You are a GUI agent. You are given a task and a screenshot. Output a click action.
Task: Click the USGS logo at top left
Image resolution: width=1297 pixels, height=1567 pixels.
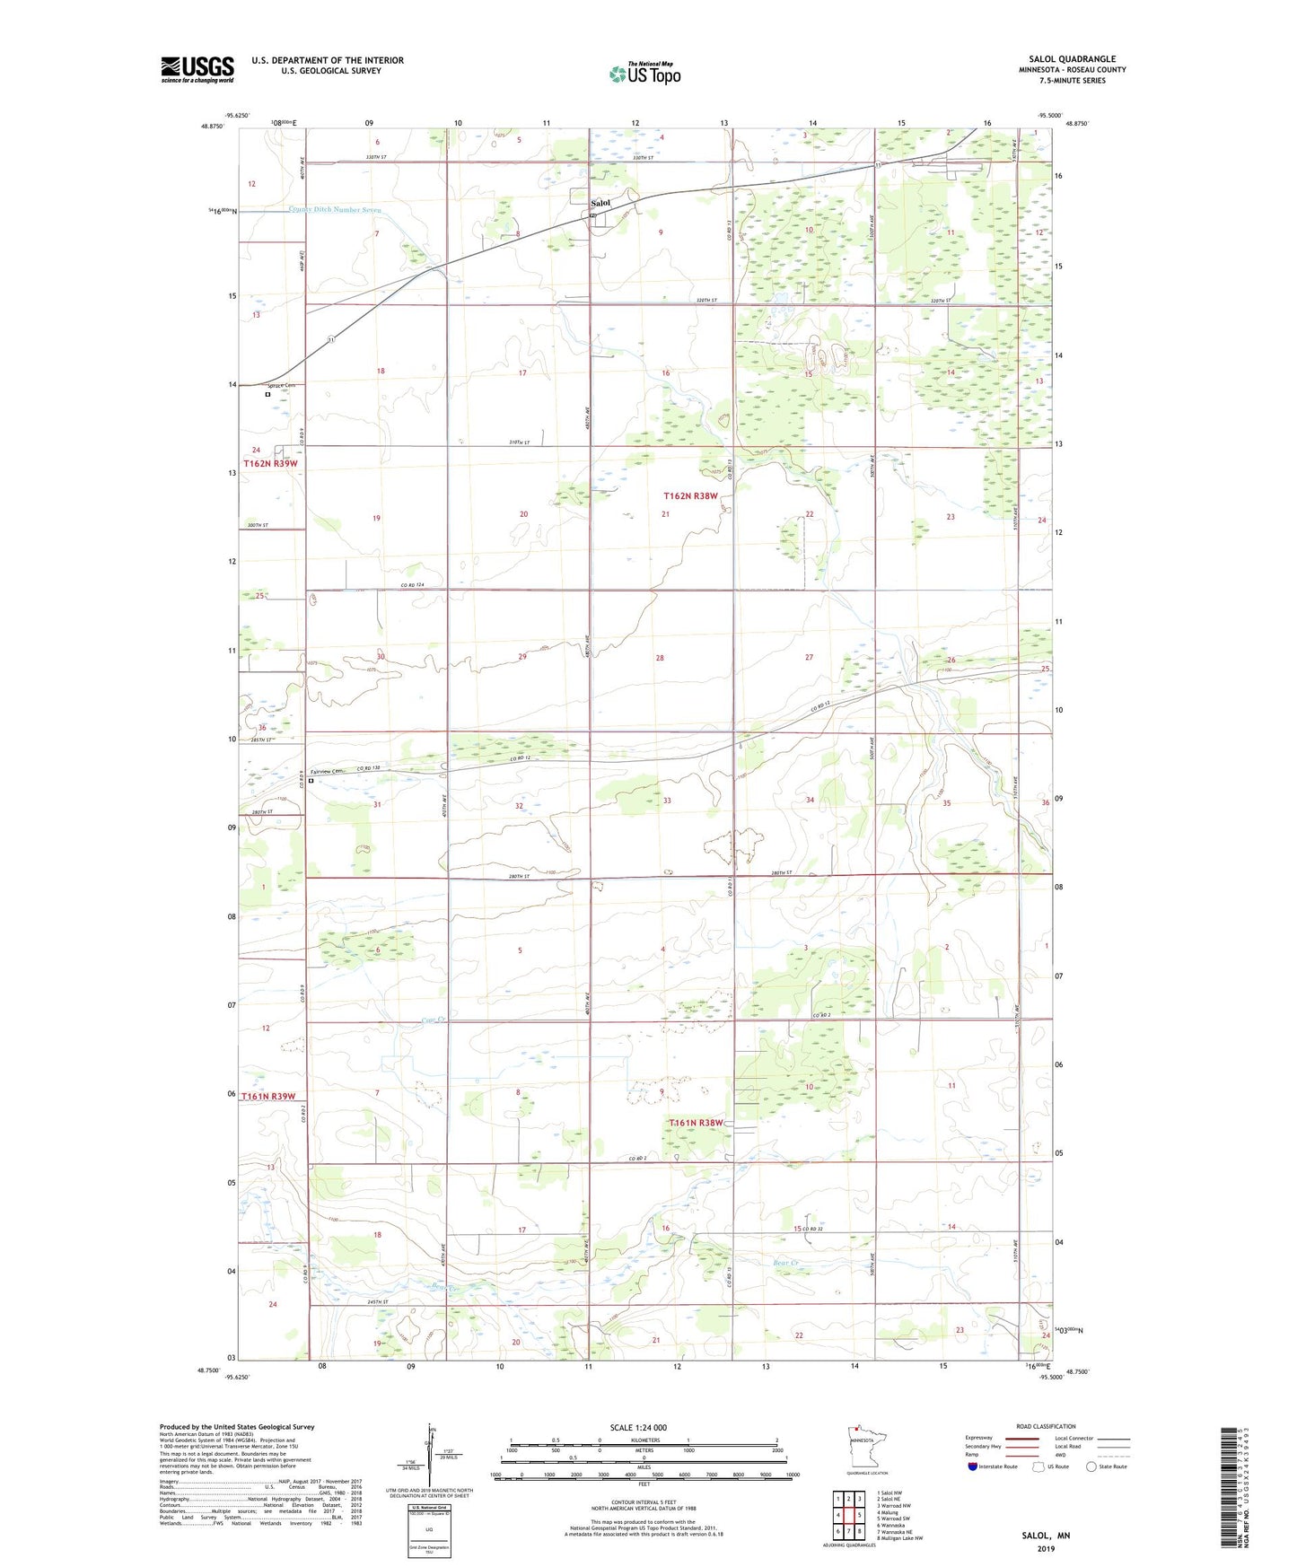(x=197, y=69)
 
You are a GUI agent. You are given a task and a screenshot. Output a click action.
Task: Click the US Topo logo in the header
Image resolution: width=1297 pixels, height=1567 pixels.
(x=644, y=74)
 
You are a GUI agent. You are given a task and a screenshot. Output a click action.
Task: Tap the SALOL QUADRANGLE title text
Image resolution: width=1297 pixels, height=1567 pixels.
(x=1072, y=59)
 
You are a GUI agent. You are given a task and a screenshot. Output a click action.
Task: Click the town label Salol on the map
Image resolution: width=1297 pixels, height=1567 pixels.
(x=600, y=203)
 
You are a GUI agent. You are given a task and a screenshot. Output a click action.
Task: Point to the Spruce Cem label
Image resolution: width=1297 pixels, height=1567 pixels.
(x=282, y=385)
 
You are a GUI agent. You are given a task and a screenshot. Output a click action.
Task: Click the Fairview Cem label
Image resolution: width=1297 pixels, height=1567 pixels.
(x=329, y=771)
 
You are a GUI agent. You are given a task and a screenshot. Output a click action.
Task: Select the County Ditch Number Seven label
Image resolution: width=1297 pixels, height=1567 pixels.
(x=335, y=210)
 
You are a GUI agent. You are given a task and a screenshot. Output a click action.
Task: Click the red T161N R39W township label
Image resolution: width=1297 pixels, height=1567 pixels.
(x=268, y=1097)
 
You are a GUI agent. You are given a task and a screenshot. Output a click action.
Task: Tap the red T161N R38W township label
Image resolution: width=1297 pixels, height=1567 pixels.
(x=696, y=1123)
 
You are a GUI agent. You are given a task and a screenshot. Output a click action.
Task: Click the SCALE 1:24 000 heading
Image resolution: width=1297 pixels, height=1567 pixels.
(x=638, y=1427)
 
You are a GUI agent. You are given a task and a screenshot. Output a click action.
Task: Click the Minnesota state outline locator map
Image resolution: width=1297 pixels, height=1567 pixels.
(x=866, y=1447)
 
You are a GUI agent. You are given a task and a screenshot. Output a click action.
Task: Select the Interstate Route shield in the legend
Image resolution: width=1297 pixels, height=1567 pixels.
(x=973, y=1467)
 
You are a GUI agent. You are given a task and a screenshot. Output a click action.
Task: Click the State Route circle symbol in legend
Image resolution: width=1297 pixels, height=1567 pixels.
(x=1091, y=1467)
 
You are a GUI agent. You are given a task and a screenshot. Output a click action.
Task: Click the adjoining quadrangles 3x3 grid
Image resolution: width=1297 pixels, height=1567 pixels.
(x=848, y=1517)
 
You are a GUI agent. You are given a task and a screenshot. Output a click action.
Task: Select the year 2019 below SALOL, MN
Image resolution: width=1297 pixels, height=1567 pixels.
(x=1046, y=1548)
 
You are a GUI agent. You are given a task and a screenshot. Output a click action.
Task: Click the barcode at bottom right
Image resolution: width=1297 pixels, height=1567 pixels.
(x=1236, y=1499)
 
